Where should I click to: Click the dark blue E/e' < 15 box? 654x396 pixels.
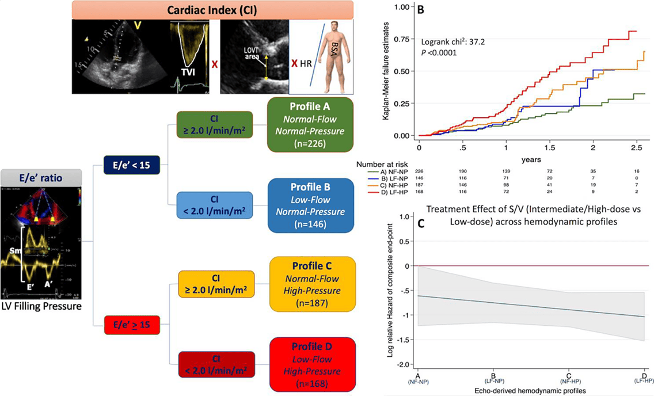click(x=131, y=165)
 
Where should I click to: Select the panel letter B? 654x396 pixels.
click(x=420, y=10)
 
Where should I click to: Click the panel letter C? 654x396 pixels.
click(x=421, y=224)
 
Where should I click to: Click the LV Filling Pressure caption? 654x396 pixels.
click(x=40, y=307)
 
